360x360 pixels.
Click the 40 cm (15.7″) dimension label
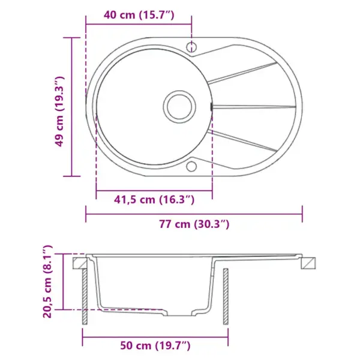tap(139, 15)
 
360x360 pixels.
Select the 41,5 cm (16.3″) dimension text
tap(153, 199)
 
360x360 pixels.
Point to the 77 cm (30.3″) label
tap(194, 225)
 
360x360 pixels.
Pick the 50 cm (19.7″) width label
tap(155, 345)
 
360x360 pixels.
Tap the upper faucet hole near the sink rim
tap(192, 46)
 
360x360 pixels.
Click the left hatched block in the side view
tap(79, 262)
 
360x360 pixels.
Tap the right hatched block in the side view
tap(308, 262)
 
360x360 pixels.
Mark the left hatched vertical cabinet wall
tap(85, 298)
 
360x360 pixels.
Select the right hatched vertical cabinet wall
tap(226, 298)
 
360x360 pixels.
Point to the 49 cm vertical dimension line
tap(72, 107)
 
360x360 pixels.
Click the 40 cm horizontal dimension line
tap(139, 25)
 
